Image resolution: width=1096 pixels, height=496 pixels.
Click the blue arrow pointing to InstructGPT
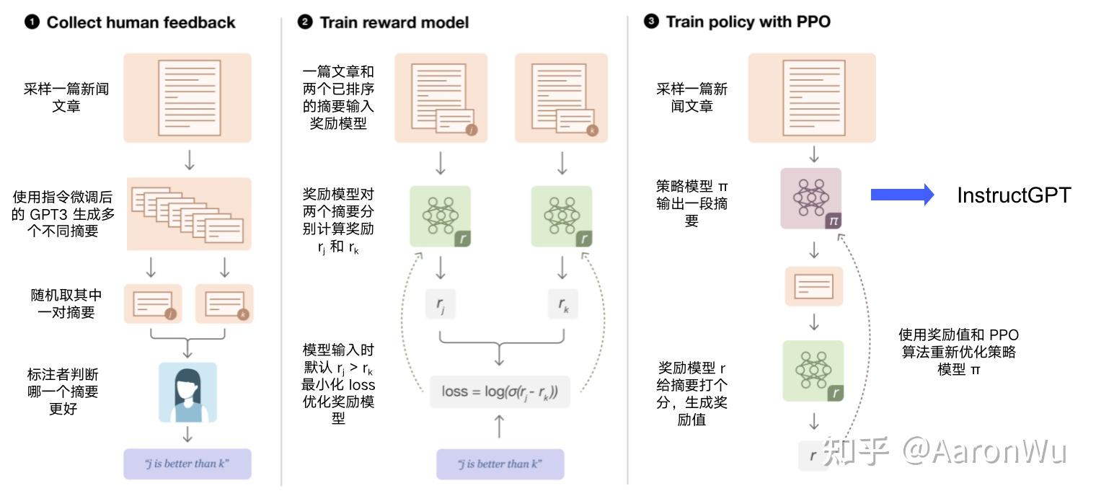point(902,195)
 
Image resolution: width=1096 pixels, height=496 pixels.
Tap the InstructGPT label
point(1014,195)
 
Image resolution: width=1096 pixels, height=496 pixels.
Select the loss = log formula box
point(500,392)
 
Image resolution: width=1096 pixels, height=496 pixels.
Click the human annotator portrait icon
point(187,392)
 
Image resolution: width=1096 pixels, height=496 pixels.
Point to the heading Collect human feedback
point(141,22)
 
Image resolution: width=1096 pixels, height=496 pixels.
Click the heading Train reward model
point(394,22)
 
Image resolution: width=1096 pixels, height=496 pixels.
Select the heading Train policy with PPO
point(748,22)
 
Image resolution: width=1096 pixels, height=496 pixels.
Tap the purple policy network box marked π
point(811,198)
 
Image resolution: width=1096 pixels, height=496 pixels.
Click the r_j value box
point(440,305)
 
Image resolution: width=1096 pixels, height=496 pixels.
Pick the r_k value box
point(563,305)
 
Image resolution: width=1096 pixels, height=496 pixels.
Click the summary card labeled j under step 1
point(154,304)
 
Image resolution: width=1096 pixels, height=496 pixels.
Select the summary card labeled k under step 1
point(224,304)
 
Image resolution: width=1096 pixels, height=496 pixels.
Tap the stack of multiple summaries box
point(190,214)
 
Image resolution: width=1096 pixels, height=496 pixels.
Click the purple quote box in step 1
point(187,464)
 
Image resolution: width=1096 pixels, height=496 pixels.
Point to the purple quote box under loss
point(500,464)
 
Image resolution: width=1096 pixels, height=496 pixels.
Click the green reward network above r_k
point(562,216)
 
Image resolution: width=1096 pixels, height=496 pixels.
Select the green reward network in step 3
point(813,371)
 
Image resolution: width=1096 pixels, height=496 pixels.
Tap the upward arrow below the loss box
point(499,427)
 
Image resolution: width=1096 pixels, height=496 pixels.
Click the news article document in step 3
point(813,97)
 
